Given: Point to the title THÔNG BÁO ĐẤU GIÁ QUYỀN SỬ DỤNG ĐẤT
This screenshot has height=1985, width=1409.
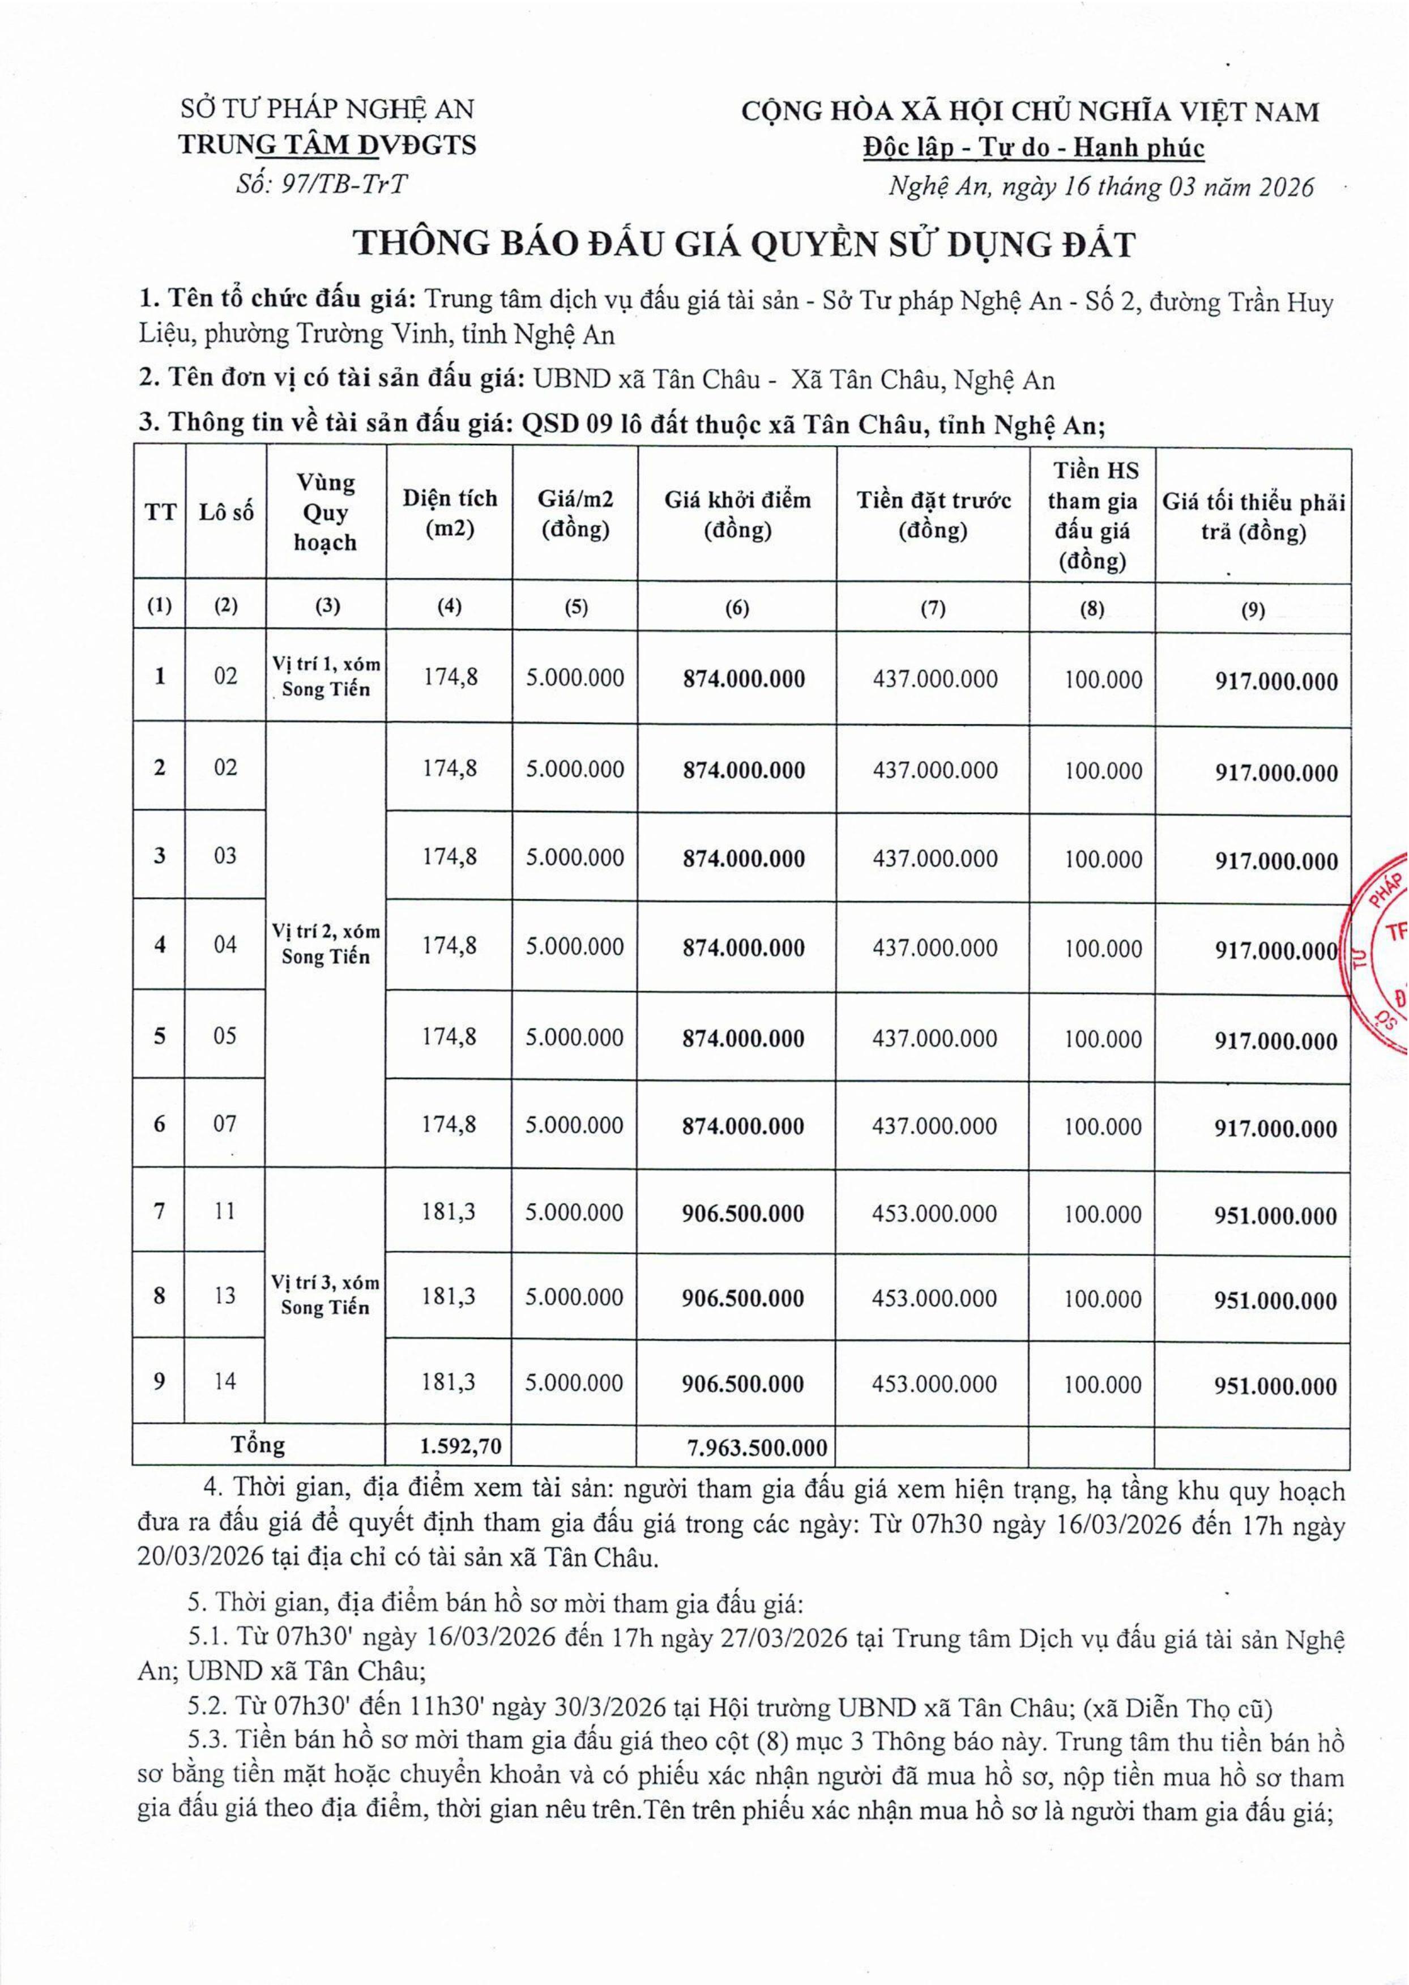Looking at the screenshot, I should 744,246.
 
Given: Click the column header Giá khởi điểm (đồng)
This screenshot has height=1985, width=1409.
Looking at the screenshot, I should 737,514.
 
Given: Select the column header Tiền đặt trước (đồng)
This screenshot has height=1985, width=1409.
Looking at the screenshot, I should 933,514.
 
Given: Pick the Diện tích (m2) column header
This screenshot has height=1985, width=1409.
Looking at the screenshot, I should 450,514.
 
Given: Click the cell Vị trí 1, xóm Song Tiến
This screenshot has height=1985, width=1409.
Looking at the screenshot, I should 326,677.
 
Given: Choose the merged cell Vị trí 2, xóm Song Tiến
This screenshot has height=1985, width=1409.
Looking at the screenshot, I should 326,945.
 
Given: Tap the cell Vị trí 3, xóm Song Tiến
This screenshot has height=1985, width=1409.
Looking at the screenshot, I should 326,1295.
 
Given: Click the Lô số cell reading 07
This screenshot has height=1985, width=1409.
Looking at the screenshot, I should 225,1124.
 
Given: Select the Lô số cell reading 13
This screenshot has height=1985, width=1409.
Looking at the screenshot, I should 225,1295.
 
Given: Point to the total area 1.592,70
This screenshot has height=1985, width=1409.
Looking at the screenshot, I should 450,1445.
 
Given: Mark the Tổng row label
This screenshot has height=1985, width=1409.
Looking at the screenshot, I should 258,1445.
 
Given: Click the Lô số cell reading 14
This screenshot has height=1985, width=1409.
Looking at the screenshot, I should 225,1380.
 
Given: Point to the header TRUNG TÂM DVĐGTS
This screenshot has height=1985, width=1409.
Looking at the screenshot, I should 327,144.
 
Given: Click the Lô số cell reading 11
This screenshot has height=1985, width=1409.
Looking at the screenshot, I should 225,1210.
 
